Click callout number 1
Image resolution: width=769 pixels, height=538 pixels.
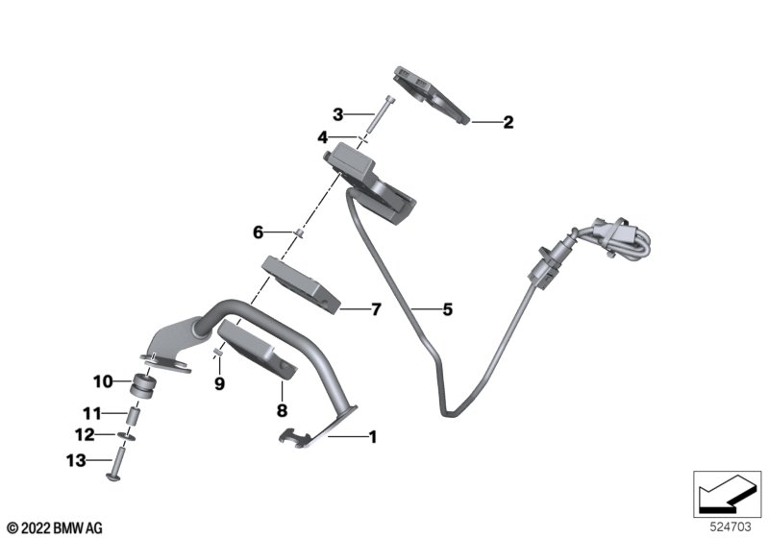click(x=373, y=436)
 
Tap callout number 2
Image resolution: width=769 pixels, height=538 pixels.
click(x=509, y=122)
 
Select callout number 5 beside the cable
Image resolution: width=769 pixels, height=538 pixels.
click(x=447, y=309)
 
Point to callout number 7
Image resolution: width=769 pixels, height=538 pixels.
click(x=376, y=309)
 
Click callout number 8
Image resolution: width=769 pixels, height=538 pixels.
click(x=282, y=410)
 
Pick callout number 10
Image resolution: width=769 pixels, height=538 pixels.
click(x=103, y=381)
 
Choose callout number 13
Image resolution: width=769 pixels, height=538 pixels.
click(x=76, y=460)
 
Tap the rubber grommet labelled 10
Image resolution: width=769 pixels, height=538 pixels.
click(x=142, y=385)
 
